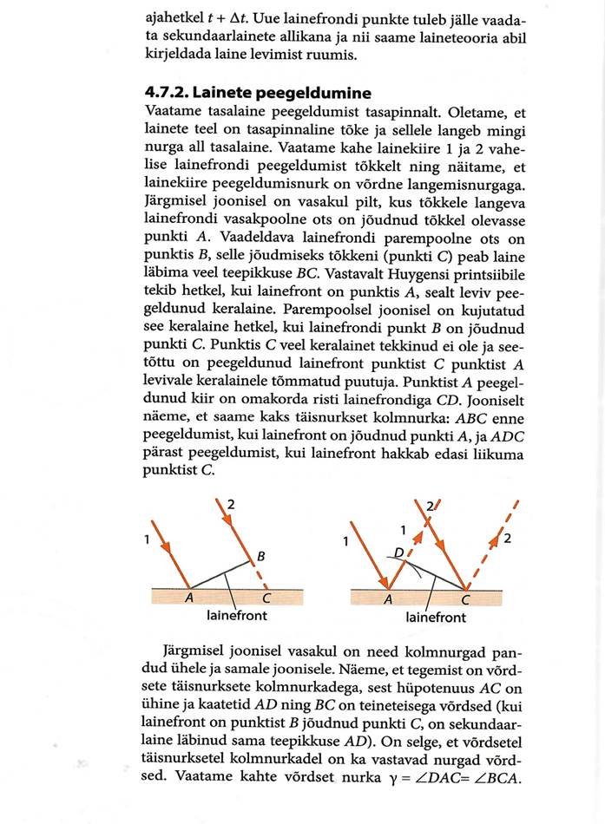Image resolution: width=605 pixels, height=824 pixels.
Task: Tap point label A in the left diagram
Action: coord(187,598)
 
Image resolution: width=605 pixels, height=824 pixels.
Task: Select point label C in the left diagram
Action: coord(266,598)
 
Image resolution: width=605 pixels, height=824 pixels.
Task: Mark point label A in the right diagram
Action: coord(388,599)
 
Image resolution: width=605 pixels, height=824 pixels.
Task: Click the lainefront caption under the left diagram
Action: coord(236,617)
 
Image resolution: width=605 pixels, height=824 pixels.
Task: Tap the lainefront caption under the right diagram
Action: coord(436,618)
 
